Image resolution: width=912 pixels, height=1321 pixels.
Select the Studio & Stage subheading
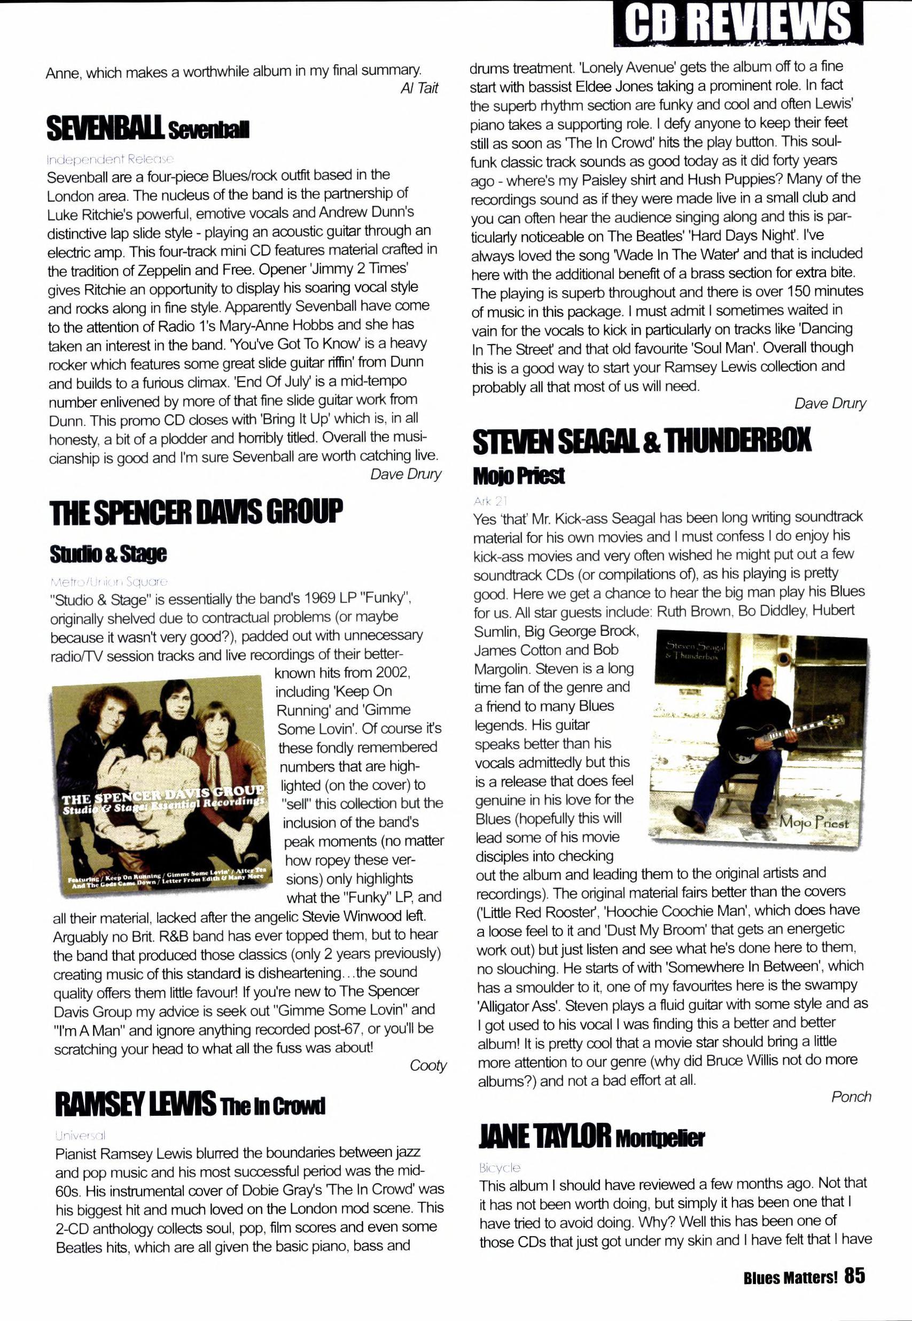[x=108, y=553]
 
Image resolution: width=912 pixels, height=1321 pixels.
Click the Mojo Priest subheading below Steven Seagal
[x=518, y=475]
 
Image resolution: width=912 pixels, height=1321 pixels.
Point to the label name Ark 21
[x=490, y=501]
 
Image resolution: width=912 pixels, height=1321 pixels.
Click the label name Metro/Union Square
[x=108, y=582]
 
